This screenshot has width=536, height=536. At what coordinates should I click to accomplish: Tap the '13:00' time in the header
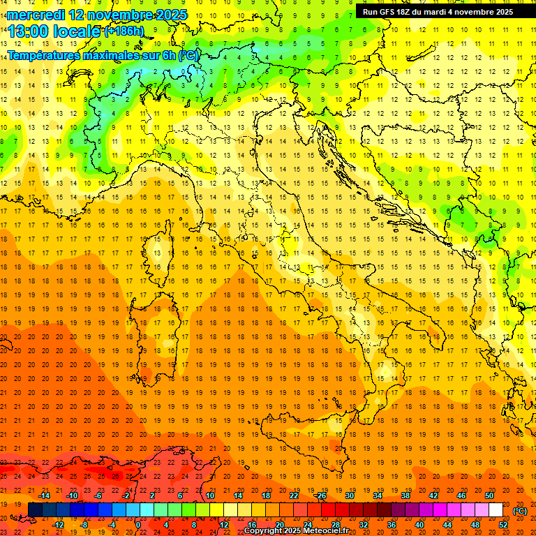pyautogui.click(x=28, y=31)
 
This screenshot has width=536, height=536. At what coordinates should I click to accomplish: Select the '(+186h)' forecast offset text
pyautogui.click(x=124, y=31)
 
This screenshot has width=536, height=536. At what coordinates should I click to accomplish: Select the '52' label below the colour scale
pyautogui.click(x=502, y=524)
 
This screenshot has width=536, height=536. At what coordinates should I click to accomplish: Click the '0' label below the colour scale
pyautogui.click(x=138, y=524)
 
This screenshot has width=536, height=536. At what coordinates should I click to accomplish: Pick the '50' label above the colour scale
pyautogui.click(x=489, y=496)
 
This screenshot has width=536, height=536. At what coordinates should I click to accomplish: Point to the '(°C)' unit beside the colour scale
pyautogui.click(x=520, y=511)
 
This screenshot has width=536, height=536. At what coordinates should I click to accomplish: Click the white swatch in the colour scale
pyautogui.click(x=496, y=510)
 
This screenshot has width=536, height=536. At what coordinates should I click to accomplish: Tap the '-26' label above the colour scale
pyautogui.click(x=320, y=496)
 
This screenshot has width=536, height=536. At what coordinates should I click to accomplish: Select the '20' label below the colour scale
pyautogui.click(x=279, y=524)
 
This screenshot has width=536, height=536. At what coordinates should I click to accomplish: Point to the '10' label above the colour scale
pyautogui.click(x=209, y=496)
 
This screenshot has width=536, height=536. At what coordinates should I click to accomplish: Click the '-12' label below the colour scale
pyautogui.click(x=59, y=524)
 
